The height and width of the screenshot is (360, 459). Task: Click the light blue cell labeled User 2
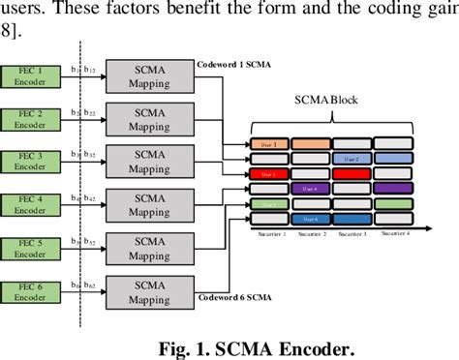coord(351,158)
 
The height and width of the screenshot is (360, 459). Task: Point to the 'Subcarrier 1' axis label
coord(271,234)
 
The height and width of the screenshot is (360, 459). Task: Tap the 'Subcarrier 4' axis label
coord(394,234)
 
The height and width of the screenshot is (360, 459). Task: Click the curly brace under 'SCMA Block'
coord(333,118)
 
